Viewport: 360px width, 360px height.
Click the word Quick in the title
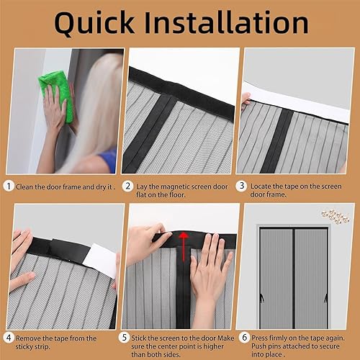94,23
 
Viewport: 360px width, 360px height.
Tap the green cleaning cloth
57,96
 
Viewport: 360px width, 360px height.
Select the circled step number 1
9,186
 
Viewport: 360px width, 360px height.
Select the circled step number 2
127,186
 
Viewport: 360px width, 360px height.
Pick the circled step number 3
242,186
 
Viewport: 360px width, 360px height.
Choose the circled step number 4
9,338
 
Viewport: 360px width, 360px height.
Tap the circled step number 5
124,338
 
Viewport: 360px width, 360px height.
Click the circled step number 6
244,338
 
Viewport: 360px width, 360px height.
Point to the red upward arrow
184,246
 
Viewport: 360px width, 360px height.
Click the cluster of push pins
336,217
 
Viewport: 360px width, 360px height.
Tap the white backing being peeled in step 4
100,260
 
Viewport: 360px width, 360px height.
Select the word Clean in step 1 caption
24,187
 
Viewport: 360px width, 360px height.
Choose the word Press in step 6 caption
260,338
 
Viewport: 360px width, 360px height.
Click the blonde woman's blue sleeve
109,161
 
